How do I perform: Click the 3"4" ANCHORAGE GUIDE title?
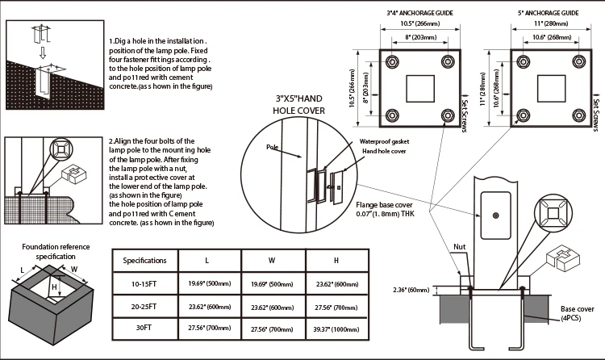[x=419, y=13]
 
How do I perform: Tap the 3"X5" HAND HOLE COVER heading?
[x=299, y=105]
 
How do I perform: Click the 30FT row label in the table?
[x=144, y=328]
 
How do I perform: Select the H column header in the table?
[x=336, y=261]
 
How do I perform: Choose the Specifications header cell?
[x=144, y=261]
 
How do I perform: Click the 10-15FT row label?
[x=144, y=283]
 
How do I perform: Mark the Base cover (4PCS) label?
[x=578, y=313]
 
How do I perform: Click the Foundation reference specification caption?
[x=56, y=250]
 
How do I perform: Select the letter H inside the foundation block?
[x=53, y=287]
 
